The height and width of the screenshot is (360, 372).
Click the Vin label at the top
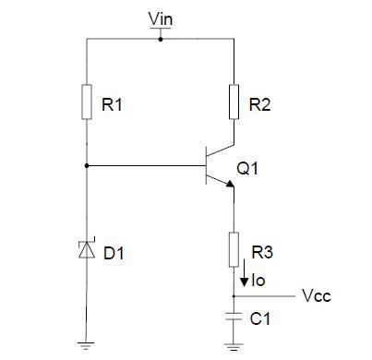pos(159,18)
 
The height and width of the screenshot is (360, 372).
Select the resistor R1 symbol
pos(87,101)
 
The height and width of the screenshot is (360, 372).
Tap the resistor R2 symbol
pos(234,101)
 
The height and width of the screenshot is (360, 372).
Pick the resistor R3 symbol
pos(234,248)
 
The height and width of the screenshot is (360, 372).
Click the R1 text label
pos(113,106)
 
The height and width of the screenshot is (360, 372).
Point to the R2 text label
pos(260,106)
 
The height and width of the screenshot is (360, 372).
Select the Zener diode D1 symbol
pos(87,249)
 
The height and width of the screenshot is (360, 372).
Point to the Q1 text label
pos(247,169)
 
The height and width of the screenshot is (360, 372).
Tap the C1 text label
pos(261,318)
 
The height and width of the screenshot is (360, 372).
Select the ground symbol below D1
pos(87,345)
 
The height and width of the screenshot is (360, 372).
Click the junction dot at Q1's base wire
pos(87,166)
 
